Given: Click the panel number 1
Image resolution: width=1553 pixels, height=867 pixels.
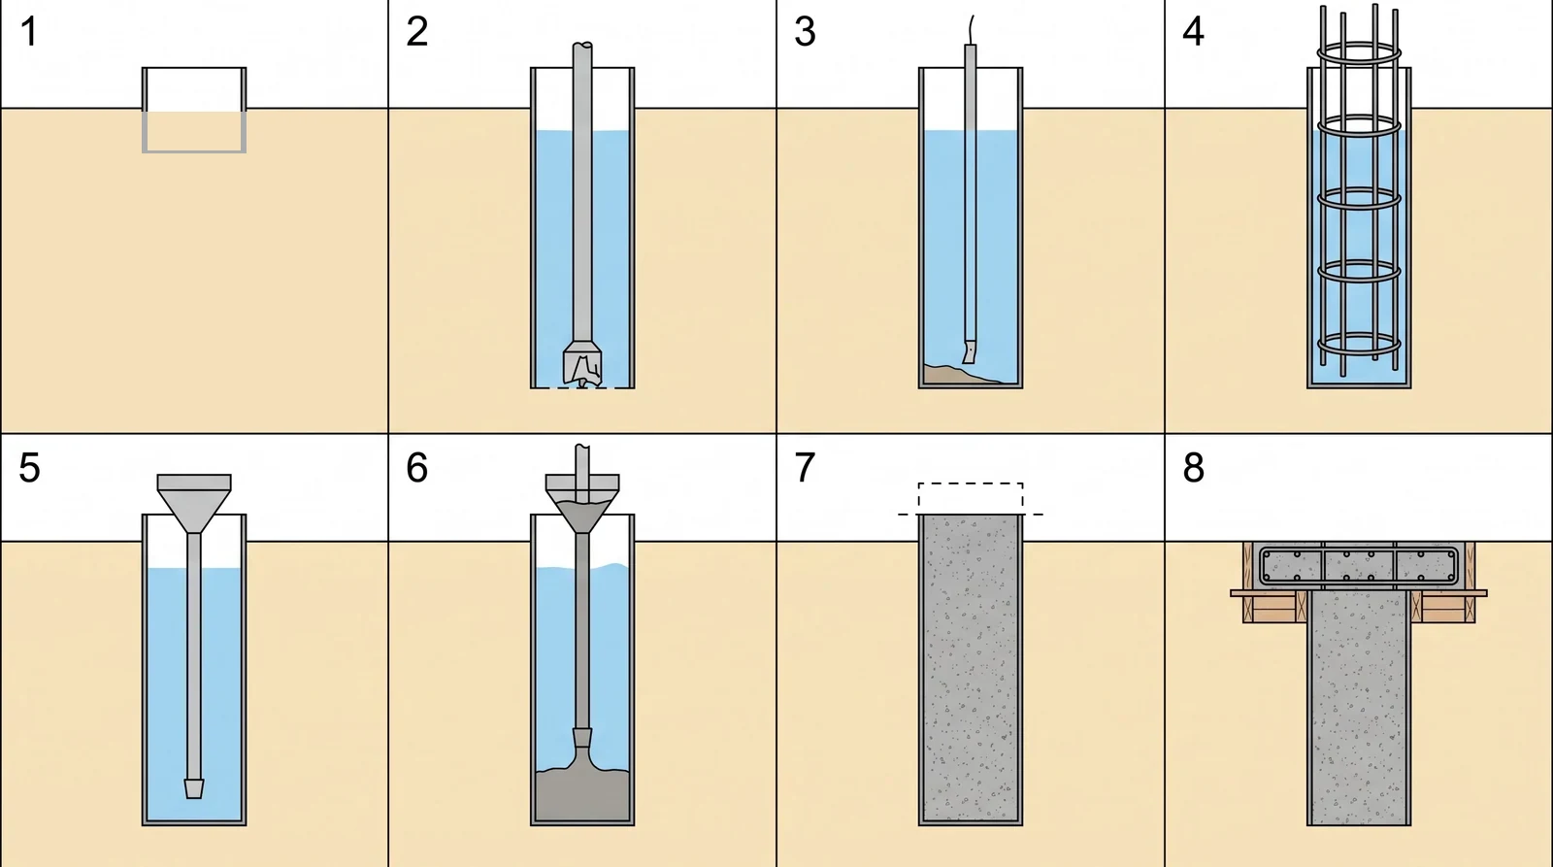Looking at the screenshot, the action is [x=28, y=32].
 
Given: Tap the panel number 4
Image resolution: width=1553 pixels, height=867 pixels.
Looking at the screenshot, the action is [x=1193, y=32].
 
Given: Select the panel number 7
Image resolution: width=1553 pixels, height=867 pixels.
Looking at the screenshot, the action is [x=805, y=468].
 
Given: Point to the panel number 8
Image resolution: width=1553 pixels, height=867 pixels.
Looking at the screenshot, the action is [x=1193, y=468].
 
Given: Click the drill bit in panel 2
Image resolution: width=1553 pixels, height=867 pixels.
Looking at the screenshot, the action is [x=582, y=363].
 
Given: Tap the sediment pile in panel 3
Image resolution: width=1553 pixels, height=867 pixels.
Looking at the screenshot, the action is [x=960, y=375].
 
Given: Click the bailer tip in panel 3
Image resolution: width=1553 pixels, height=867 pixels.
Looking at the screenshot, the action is [x=970, y=351].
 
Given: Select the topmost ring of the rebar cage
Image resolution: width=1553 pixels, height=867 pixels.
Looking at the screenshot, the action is [x=1359, y=52].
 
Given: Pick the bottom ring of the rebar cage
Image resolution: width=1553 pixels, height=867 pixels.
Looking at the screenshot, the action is [x=1359, y=345].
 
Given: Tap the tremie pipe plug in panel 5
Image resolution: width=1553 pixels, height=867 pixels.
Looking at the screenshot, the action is [x=194, y=788].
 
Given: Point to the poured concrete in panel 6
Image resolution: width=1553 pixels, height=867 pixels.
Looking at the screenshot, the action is [x=582, y=794].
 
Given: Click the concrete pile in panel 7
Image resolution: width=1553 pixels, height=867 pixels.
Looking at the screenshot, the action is [x=971, y=669].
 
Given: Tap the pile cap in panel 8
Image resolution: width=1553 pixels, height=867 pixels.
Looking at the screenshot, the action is [x=1359, y=566].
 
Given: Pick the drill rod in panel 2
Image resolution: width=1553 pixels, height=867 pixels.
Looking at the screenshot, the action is [x=582, y=193].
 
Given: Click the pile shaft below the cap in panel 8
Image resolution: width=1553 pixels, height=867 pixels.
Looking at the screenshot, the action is [x=1359, y=708].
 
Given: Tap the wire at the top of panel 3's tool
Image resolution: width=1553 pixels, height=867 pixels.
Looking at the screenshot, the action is [x=971, y=30].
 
